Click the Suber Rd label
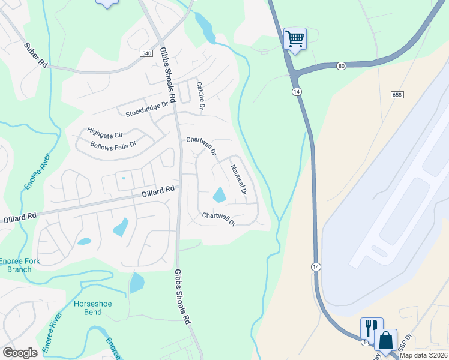coord(36,53)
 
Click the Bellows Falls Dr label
coord(113,145)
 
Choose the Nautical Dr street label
coord(238,181)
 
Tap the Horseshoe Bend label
coord(93,308)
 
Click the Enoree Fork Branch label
coord(19,265)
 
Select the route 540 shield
coord(146,53)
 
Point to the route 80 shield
coord(342,65)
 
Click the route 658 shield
coord(396,95)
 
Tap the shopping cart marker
coord(295,39)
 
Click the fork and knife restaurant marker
coord(371,328)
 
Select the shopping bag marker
coord(385,340)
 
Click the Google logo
coord(20,353)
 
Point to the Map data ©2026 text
coord(423,355)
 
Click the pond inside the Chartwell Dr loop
coord(219,194)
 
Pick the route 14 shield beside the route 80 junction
coord(297,91)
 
